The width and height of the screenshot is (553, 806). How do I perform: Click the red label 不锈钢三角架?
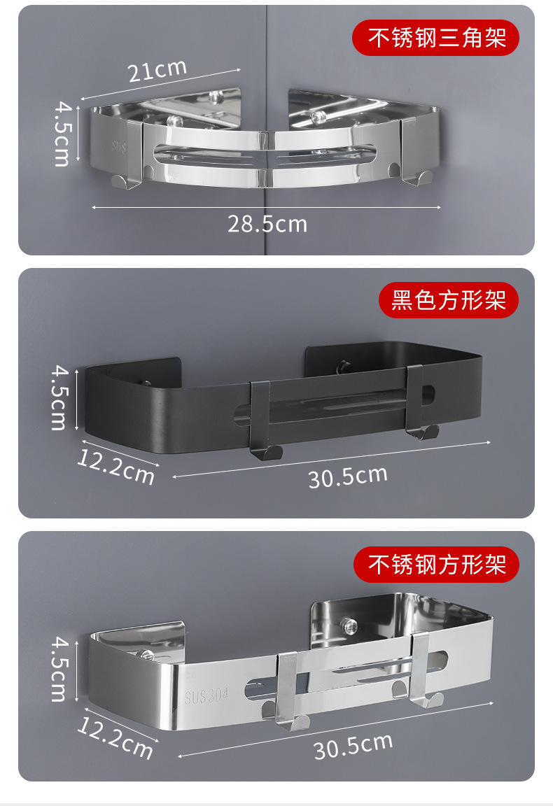pos(435,38)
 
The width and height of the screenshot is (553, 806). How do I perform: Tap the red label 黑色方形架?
pos(449,299)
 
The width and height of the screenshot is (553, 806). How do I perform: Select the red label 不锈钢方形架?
pos(436,565)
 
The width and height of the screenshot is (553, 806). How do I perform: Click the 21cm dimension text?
pos(157,71)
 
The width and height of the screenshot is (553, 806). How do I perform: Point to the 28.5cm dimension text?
pos(267,224)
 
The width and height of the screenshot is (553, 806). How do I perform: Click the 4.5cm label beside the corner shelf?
pos(63,134)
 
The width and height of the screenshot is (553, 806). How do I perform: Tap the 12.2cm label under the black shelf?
pos(116,467)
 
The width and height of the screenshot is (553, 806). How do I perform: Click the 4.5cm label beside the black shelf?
pos(59,398)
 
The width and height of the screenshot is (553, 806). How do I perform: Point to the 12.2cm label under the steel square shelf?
pos(115,738)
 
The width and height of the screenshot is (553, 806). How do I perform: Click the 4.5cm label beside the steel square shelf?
pos(59,670)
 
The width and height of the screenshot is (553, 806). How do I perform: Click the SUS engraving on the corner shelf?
pos(119,147)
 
